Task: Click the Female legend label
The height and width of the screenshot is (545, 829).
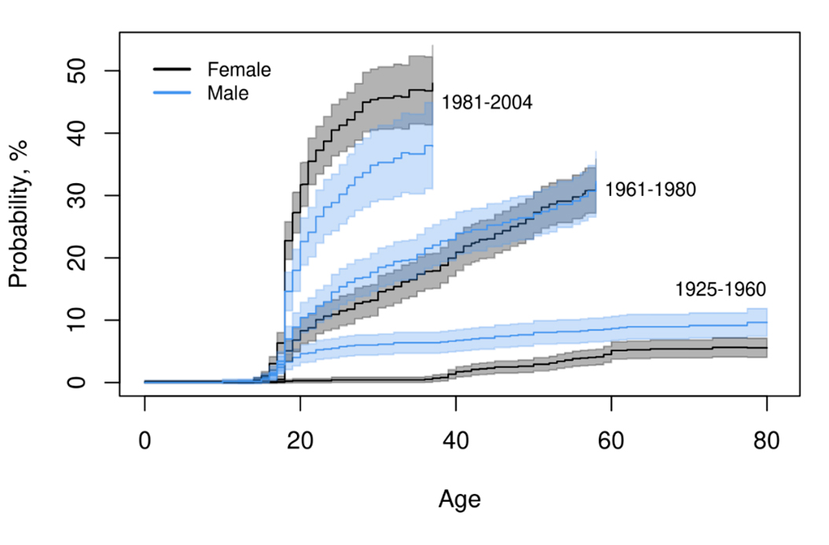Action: pyautogui.click(x=239, y=70)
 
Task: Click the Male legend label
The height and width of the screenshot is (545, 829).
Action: pyautogui.click(x=228, y=93)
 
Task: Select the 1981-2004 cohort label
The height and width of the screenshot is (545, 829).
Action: pyautogui.click(x=487, y=103)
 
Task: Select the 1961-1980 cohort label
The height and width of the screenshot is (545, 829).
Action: pyautogui.click(x=650, y=190)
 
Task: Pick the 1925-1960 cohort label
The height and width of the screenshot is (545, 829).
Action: pyautogui.click(x=720, y=290)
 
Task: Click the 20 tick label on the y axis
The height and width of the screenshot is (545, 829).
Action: pyautogui.click(x=89, y=258)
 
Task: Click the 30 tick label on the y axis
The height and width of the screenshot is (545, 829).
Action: pyautogui.click(x=89, y=195)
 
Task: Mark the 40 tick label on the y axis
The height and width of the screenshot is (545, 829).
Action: pyautogui.click(x=89, y=133)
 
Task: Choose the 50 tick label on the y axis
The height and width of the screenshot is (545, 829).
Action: pyautogui.click(x=89, y=71)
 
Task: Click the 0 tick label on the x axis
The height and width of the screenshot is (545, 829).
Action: pyautogui.click(x=145, y=442)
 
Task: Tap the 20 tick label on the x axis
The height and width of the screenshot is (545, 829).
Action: pyautogui.click(x=301, y=442)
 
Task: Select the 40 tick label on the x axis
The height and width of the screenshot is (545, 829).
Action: pyautogui.click(x=457, y=442)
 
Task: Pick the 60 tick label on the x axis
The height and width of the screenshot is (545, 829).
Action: pyautogui.click(x=612, y=442)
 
